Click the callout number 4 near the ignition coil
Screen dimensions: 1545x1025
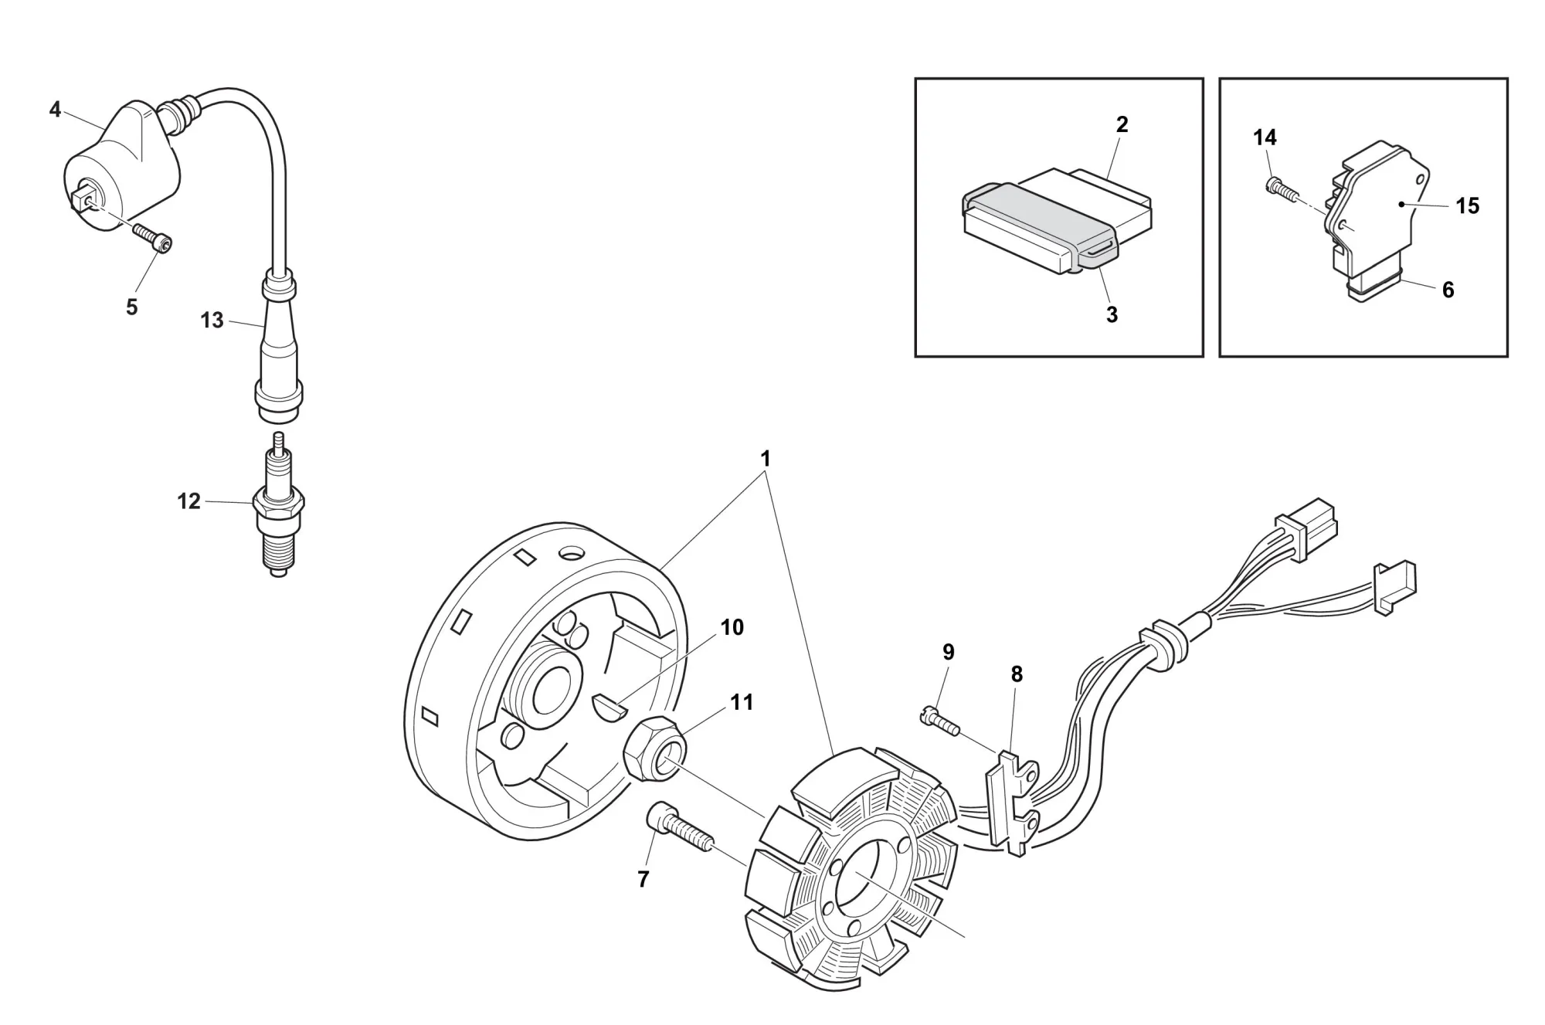[x=55, y=110]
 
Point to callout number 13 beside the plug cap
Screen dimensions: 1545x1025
[x=212, y=320]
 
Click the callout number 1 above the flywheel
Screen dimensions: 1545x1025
[x=766, y=459]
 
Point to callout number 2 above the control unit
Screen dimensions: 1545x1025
[x=1122, y=124]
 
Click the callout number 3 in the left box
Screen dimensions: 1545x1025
[x=1112, y=314]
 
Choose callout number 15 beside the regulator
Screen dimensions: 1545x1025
[x=1467, y=205]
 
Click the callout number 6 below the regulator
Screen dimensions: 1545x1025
[x=1448, y=290]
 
